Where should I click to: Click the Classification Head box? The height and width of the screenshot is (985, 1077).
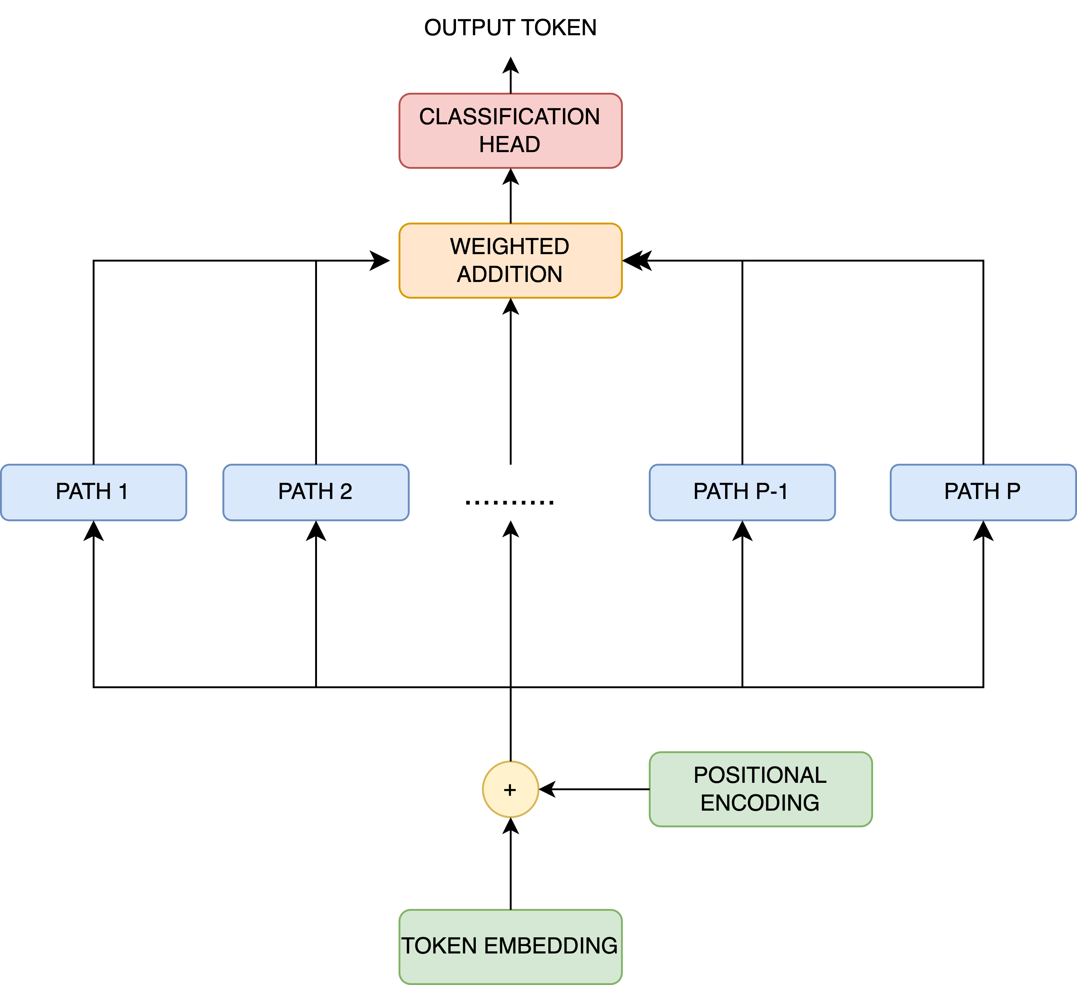click(x=510, y=130)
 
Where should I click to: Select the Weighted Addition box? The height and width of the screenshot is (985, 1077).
click(x=510, y=260)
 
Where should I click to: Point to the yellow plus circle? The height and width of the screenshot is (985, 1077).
click(x=510, y=789)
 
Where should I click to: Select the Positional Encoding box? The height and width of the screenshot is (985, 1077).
click(x=760, y=789)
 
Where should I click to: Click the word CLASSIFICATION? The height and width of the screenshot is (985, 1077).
click(x=509, y=117)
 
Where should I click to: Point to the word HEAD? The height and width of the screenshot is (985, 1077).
click(x=509, y=144)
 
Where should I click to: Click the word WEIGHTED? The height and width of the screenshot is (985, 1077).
click(x=509, y=246)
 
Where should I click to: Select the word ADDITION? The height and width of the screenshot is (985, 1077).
click(x=509, y=274)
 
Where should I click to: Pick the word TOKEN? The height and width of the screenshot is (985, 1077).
click(x=439, y=946)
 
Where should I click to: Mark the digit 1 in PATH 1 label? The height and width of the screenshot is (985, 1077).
click(x=123, y=491)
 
